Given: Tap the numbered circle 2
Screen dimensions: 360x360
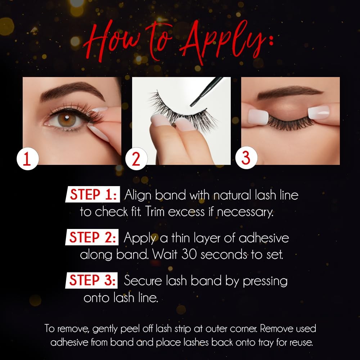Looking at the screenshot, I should point(136,159).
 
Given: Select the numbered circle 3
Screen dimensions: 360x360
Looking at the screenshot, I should point(246,158).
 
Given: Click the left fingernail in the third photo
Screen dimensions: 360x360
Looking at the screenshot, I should point(258,117).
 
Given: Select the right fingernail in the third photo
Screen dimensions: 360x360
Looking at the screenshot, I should point(319,112).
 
